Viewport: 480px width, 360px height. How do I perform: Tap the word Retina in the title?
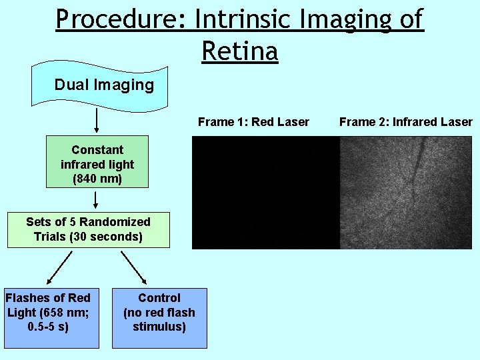(239, 50)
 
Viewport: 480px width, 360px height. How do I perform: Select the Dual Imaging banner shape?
(103, 85)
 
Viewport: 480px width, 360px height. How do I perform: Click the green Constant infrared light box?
(97, 164)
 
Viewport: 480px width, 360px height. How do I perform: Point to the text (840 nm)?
(97, 179)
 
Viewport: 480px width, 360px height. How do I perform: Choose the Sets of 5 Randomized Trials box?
(88, 229)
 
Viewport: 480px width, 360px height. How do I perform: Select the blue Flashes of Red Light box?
(51, 318)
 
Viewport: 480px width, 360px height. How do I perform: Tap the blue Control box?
(159, 318)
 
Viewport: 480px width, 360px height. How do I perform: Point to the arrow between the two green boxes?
(97, 199)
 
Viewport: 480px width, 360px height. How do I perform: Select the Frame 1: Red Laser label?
(253, 121)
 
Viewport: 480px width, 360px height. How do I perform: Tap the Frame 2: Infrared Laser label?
(405, 121)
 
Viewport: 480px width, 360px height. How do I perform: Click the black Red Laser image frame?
(265, 193)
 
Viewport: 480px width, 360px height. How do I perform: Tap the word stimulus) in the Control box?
(159, 327)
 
